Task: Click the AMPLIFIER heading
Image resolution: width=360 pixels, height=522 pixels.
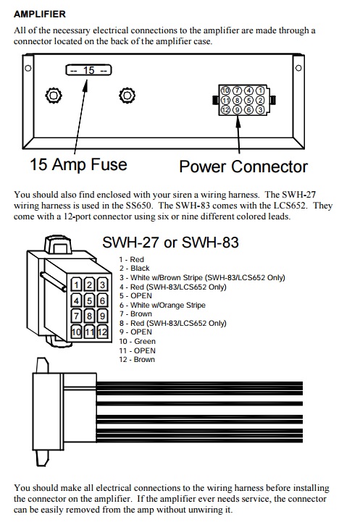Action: [x=40, y=14]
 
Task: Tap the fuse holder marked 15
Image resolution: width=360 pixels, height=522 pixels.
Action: [x=88, y=70]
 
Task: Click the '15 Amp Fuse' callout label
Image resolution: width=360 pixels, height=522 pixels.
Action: [x=79, y=164]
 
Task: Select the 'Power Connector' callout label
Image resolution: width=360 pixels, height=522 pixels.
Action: [x=243, y=167]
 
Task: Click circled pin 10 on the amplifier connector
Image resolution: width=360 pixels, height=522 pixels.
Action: [x=226, y=90]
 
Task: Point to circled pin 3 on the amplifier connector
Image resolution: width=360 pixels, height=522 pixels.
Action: [x=261, y=109]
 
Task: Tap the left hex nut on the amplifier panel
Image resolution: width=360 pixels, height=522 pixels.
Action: [x=54, y=96]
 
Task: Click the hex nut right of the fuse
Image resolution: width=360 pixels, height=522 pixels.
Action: [x=127, y=96]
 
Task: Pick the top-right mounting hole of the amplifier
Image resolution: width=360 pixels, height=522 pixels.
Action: [x=298, y=68]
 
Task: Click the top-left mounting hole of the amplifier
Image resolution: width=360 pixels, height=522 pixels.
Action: [x=28, y=68]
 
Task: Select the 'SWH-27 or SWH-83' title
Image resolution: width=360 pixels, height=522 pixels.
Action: [x=170, y=242]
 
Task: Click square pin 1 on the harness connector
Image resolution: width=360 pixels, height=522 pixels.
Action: [x=77, y=285]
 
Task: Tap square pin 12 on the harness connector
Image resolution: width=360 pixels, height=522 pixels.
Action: [x=102, y=332]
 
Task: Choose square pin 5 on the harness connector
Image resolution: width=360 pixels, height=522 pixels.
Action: [x=89, y=300]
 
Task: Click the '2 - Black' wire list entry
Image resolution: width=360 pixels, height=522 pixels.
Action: [x=135, y=269]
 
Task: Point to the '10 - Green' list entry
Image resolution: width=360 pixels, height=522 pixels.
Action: [x=137, y=341]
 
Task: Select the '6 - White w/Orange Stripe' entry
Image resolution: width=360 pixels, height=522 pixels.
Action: [x=162, y=305]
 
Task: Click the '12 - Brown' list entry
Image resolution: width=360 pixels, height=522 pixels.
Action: [x=137, y=360]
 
